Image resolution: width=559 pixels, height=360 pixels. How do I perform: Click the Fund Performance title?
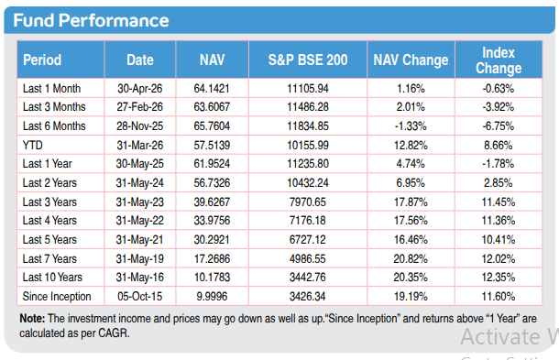click(x=91, y=20)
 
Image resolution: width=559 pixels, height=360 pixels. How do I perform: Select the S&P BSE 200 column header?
click(x=308, y=60)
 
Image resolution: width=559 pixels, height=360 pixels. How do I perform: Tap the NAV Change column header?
click(x=411, y=60)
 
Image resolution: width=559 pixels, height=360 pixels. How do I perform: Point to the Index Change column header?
click(x=499, y=60)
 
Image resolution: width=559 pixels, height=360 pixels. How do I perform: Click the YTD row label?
click(x=32, y=145)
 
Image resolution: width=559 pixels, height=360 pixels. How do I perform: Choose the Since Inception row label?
click(x=57, y=296)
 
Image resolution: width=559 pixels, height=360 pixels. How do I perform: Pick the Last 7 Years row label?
click(x=49, y=258)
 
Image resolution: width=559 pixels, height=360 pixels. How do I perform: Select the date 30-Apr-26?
click(x=139, y=88)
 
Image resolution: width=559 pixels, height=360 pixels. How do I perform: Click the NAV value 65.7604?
click(x=212, y=125)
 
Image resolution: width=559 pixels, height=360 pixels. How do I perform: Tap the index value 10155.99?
click(x=308, y=145)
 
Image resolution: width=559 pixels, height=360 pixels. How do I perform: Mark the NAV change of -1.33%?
click(x=411, y=125)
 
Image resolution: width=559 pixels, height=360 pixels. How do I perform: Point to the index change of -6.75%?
click(x=499, y=125)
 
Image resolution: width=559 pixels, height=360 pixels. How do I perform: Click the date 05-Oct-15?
click(x=139, y=296)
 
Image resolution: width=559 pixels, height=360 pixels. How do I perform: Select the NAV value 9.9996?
click(x=212, y=296)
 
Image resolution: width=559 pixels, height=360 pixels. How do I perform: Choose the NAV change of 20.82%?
click(x=411, y=258)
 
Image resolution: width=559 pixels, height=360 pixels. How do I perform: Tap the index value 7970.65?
click(x=308, y=202)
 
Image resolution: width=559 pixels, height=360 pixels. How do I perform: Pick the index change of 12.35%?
click(x=499, y=277)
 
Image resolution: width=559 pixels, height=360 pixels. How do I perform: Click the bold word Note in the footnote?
click(x=32, y=318)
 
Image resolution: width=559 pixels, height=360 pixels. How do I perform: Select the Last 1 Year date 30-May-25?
click(x=139, y=164)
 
